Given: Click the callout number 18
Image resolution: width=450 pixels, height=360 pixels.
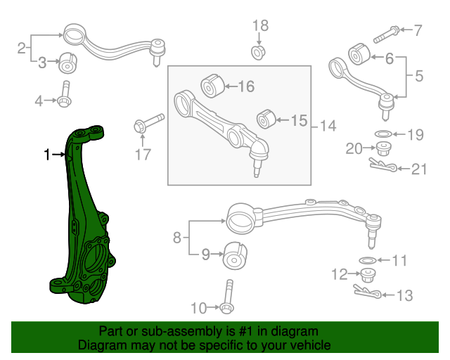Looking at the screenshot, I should (x=260, y=26).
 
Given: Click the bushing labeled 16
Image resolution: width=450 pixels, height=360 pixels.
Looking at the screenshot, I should (x=212, y=86).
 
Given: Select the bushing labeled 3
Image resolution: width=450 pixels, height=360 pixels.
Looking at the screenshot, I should (x=68, y=62).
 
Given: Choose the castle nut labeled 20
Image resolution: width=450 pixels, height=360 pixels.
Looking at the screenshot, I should (x=384, y=149).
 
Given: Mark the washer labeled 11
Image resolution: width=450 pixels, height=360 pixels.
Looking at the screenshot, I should (x=367, y=262).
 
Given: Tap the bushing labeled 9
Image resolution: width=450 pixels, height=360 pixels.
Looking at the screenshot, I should (x=233, y=255).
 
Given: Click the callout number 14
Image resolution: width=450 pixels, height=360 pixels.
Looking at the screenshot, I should (x=328, y=126).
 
